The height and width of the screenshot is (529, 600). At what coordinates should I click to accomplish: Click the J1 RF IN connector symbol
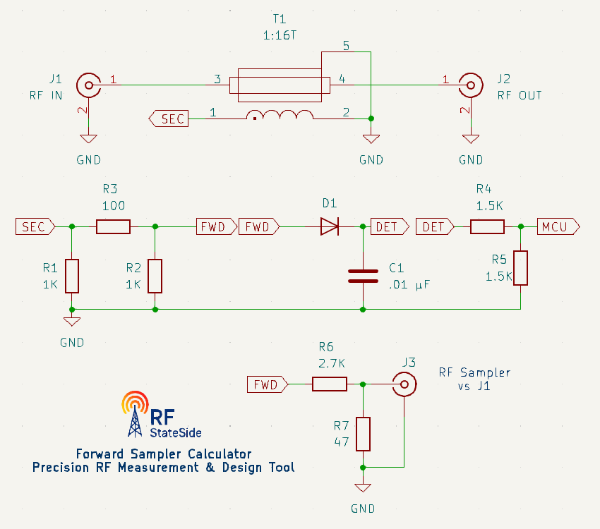[88, 86]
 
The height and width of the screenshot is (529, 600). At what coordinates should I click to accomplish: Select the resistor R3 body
[113, 226]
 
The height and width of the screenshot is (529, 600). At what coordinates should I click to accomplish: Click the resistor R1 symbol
[71, 276]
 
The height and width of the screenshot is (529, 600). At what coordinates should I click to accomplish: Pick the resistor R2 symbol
[155, 276]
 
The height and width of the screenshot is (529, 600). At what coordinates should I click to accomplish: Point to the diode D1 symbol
[330, 226]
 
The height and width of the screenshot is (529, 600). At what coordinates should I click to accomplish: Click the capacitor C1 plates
[363, 276]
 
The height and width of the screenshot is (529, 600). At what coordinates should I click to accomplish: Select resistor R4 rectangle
[487, 226]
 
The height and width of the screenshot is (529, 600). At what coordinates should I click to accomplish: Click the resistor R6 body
[330, 384]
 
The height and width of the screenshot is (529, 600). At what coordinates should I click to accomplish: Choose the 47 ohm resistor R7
[363, 434]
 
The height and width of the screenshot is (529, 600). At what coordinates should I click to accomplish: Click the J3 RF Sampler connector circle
[404, 384]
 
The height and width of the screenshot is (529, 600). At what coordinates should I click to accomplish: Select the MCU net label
[558, 226]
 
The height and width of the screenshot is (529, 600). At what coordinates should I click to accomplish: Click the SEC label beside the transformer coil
[169, 118]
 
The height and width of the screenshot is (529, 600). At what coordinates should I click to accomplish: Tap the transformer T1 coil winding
[280, 116]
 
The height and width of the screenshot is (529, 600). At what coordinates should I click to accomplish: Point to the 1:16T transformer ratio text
[280, 34]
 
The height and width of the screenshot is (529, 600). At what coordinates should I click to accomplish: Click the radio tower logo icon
[136, 413]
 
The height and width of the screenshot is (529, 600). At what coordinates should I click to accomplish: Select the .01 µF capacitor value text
[409, 285]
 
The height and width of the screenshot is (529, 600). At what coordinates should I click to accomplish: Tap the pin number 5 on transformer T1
[345, 47]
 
